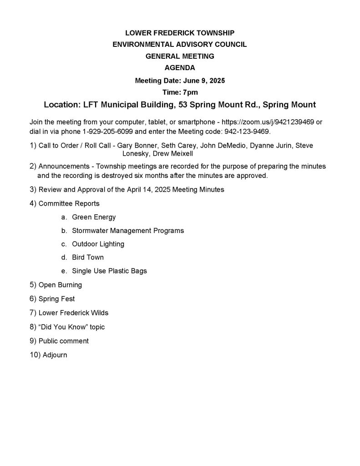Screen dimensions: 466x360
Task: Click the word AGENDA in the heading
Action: [180, 68]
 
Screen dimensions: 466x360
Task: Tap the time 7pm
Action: [189, 92]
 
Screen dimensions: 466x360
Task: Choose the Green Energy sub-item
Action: [94, 217]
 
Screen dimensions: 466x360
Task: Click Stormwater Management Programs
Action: [128, 231]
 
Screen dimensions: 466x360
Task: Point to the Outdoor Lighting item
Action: [98, 244]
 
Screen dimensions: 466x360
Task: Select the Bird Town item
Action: [88, 257]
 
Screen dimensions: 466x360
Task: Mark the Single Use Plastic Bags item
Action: [109, 271]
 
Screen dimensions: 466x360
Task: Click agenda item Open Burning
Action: [60, 285]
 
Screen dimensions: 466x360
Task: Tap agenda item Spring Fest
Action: [56, 299]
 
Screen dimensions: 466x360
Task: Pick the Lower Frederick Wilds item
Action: [73, 313]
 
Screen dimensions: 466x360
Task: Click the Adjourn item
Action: [55, 355]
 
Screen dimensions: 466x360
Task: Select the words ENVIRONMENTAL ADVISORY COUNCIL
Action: [180, 45]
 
